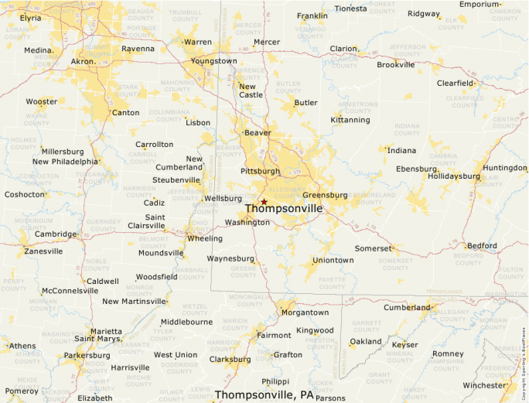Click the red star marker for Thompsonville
point(264,201)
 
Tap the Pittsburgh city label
point(260,170)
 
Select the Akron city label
point(83,61)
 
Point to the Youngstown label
point(214,61)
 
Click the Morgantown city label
point(305,312)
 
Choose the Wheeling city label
point(205,238)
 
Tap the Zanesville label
point(43,251)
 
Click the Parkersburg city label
point(87,356)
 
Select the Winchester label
point(483,385)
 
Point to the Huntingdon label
point(504,168)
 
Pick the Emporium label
point(480,4)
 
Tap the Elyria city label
point(30,17)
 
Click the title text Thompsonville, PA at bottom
point(264,394)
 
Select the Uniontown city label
point(333,260)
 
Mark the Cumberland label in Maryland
point(406,307)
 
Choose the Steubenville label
point(176,180)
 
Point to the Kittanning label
point(350,120)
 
